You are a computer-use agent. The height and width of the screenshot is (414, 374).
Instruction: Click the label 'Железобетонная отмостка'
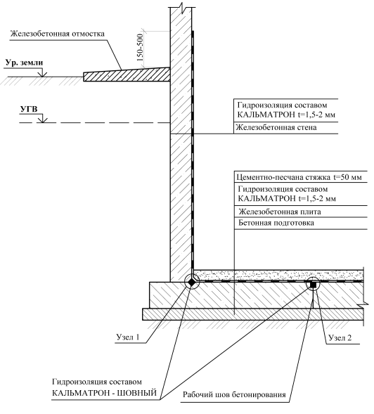(x=58, y=34)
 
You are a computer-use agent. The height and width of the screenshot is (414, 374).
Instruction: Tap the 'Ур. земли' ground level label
(x=24, y=63)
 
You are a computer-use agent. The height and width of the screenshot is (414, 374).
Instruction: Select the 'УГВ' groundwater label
(x=29, y=109)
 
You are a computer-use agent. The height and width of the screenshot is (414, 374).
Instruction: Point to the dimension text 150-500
(x=140, y=48)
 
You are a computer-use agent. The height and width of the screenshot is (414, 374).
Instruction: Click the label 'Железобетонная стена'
(x=276, y=127)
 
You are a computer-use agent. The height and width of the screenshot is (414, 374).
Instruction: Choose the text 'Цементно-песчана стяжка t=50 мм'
(x=299, y=177)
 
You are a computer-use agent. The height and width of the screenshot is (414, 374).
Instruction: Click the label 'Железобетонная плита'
(x=280, y=212)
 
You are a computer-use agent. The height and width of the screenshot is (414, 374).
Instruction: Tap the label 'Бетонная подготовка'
(x=276, y=223)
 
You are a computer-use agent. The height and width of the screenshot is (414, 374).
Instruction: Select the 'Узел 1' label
(x=128, y=337)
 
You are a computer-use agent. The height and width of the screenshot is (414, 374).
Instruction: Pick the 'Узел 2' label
(x=340, y=337)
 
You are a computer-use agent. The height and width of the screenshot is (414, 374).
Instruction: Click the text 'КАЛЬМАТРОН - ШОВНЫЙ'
(x=104, y=393)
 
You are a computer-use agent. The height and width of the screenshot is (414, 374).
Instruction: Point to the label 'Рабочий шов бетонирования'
(x=234, y=395)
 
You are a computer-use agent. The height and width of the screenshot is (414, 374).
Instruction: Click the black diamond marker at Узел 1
(x=192, y=282)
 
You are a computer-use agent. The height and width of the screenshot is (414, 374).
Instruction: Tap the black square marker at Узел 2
(x=313, y=285)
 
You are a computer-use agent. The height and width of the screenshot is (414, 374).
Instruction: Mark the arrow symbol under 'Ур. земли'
(x=42, y=73)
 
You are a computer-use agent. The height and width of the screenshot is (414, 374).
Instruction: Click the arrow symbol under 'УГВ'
(x=42, y=119)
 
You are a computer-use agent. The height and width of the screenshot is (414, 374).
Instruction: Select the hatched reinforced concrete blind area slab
(x=127, y=75)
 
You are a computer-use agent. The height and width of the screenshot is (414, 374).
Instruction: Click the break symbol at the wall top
(x=181, y=7)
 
